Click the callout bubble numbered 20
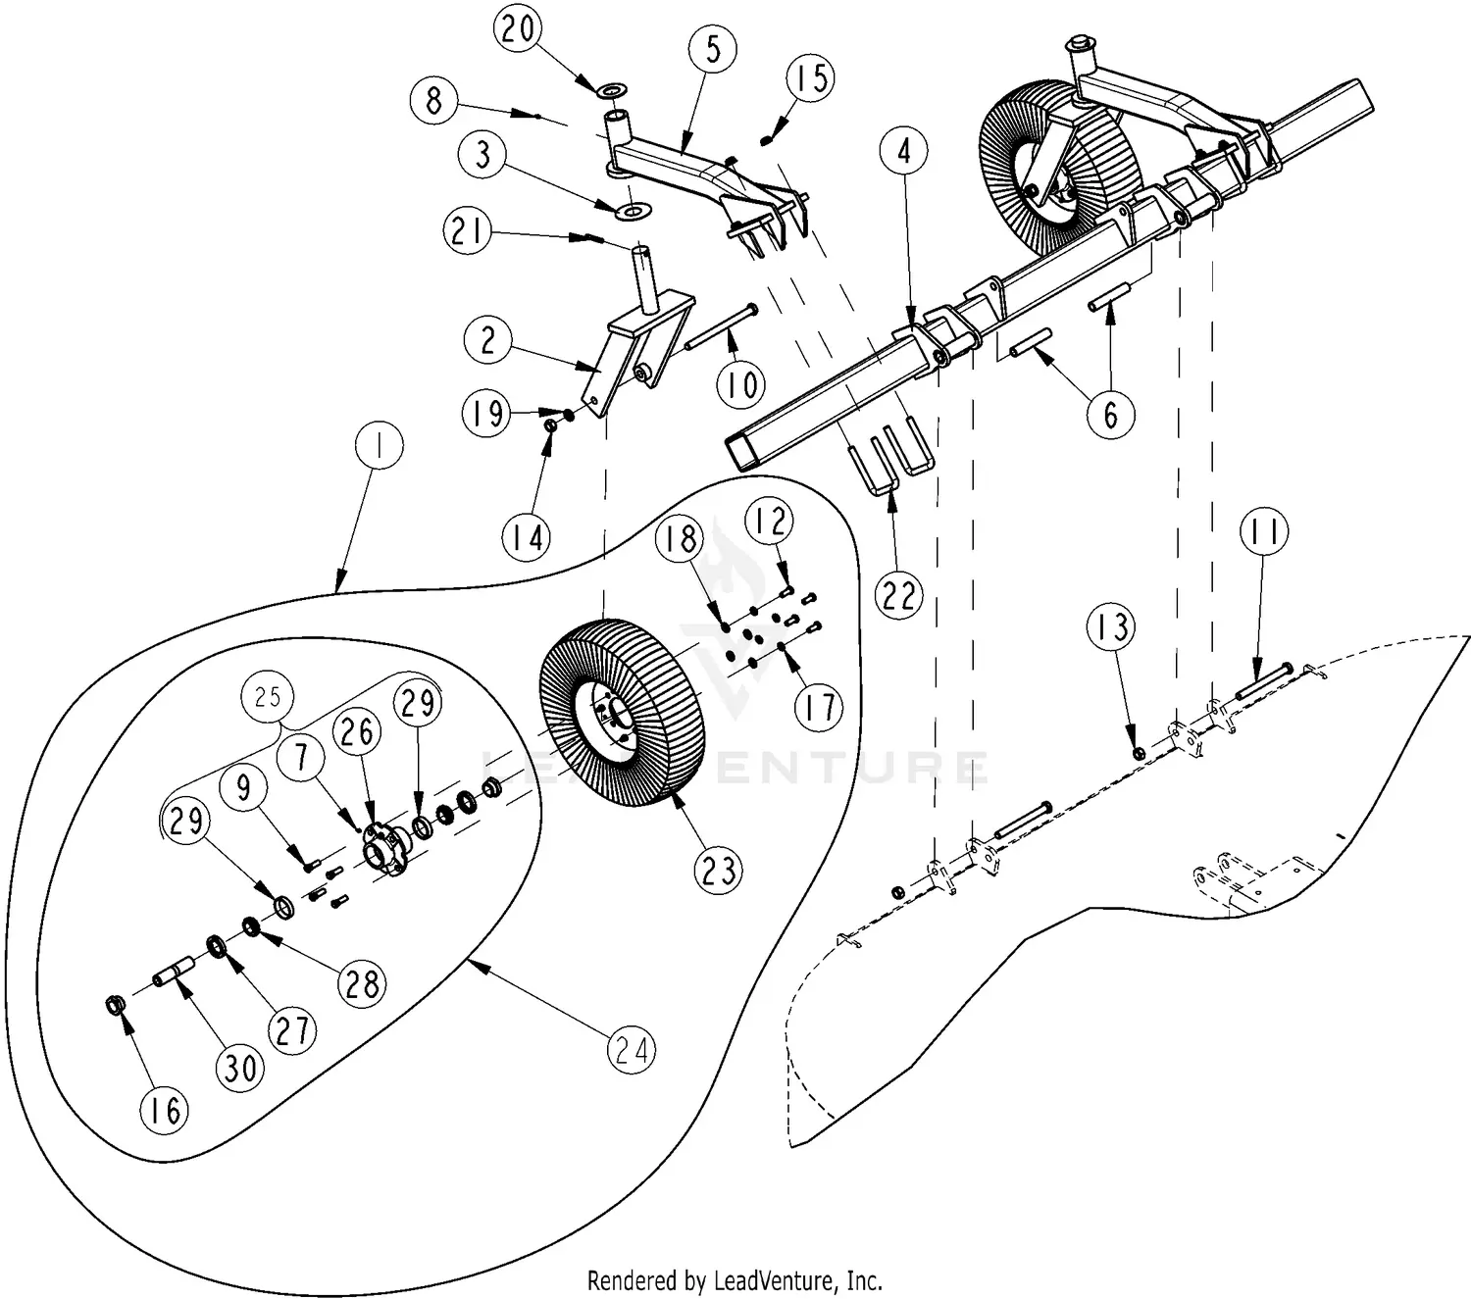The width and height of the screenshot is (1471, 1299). click(519, 28)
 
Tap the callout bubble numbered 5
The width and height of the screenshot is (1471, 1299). click(713, 49)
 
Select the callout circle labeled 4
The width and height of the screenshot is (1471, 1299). click(903, 151)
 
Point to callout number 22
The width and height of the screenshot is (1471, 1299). click(898, 595)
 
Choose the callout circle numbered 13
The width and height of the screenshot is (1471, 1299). click(1111, 627)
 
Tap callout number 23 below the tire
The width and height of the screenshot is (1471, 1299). click(719, 870)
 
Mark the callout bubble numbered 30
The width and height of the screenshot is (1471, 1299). click(240, 1067)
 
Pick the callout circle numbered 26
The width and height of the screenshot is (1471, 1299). click(357, 730)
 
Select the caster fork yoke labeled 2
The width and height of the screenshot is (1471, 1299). click(628, 353)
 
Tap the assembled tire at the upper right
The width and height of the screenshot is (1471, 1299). click(1044, 167)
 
